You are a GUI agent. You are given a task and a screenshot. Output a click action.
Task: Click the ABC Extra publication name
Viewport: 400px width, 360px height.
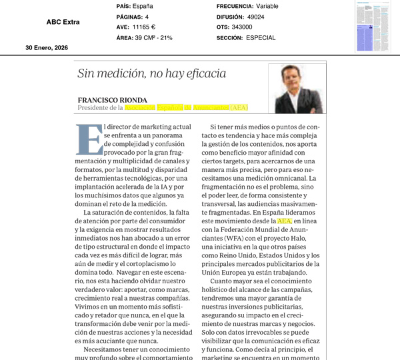63,22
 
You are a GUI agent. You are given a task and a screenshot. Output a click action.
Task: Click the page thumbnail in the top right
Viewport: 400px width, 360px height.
373,26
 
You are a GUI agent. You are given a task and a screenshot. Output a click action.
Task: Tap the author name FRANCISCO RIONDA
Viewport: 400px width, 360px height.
111,99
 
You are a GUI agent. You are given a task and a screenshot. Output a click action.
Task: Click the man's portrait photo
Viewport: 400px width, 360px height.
295,89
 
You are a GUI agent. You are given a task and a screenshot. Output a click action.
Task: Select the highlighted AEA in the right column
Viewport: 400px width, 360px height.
285,220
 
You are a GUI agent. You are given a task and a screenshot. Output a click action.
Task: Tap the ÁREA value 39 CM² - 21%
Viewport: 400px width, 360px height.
154,38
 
